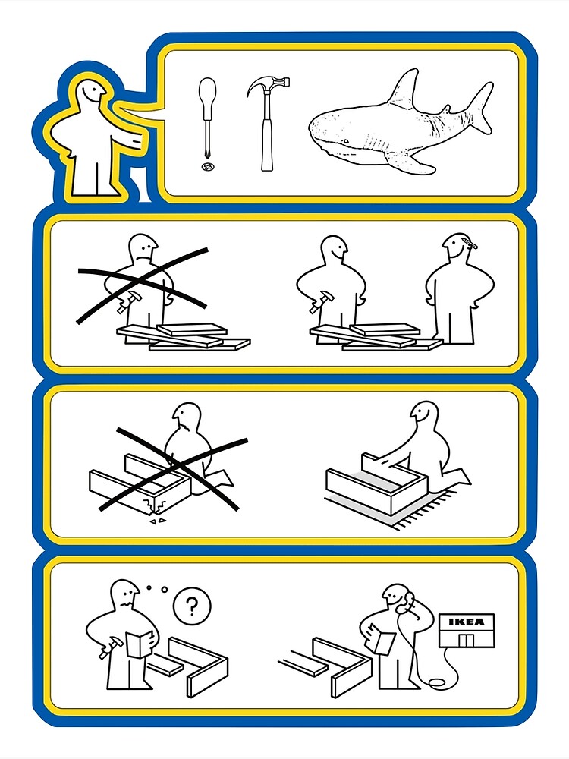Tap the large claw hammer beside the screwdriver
tap(268, 124)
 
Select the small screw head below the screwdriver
tap(208, 167)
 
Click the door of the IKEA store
tap(467, 639)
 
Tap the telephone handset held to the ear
tap(407, 600)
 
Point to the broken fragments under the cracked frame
tap(159, 521)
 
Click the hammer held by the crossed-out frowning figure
tap(127, 300)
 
